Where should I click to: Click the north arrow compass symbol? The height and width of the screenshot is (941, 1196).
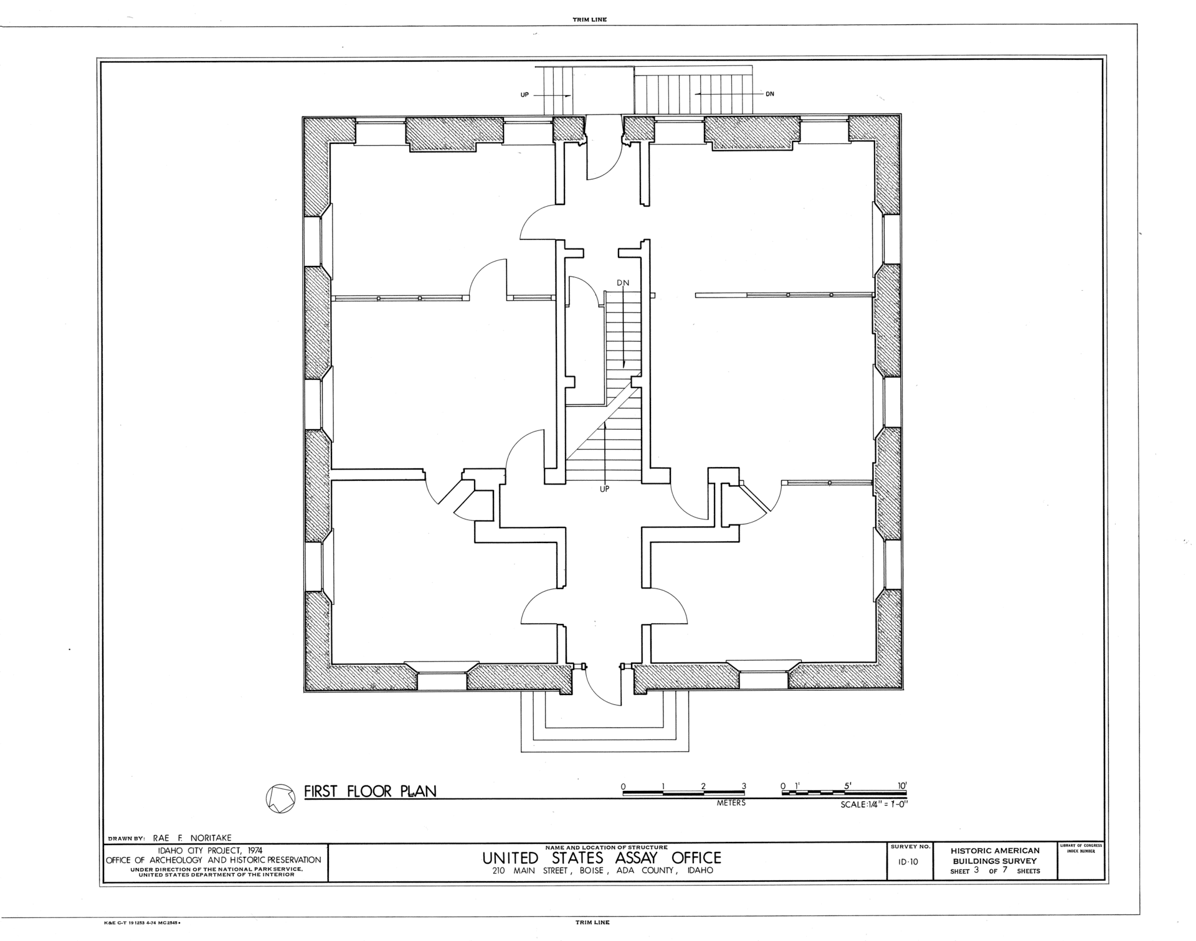(280, 798)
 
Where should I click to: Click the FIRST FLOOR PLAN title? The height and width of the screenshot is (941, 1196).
(370, 791)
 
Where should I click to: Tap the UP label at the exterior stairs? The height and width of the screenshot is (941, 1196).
(524, 95)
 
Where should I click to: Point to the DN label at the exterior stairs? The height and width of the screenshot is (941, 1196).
(770, 94)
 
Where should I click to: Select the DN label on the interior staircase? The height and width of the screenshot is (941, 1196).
(623, 283)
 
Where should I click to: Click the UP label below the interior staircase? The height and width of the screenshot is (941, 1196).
(604, 489)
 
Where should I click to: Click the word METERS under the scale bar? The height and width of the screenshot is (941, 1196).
(731, 803)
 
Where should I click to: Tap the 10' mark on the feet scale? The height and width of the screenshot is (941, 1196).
(903, 786)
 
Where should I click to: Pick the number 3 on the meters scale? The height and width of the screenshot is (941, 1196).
(744, 786)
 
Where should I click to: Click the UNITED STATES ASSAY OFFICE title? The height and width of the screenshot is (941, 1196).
(602, 858)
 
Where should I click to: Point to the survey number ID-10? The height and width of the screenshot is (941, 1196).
(909, 862)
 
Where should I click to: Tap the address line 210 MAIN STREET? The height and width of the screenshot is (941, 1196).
(529, 870)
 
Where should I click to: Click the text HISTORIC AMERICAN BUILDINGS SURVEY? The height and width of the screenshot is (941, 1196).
(995, 856)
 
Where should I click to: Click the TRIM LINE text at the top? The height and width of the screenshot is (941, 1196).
(589, 20)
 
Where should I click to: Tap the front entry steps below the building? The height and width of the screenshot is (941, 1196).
(605, 723)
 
